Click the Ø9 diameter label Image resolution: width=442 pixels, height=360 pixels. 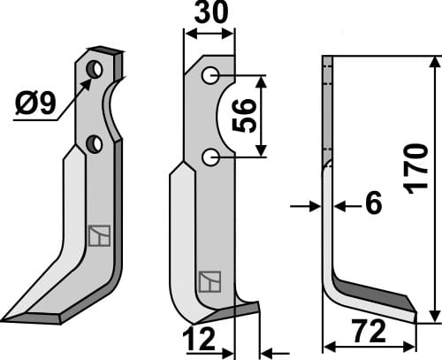(36, 106)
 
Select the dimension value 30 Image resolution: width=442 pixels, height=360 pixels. (209, 16)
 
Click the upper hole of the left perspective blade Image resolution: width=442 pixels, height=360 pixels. (95, 69)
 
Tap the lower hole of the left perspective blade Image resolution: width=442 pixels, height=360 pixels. (95, 143)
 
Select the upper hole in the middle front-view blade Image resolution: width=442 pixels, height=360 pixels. (210, 76)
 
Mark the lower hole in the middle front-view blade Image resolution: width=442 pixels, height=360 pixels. (210, 157)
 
